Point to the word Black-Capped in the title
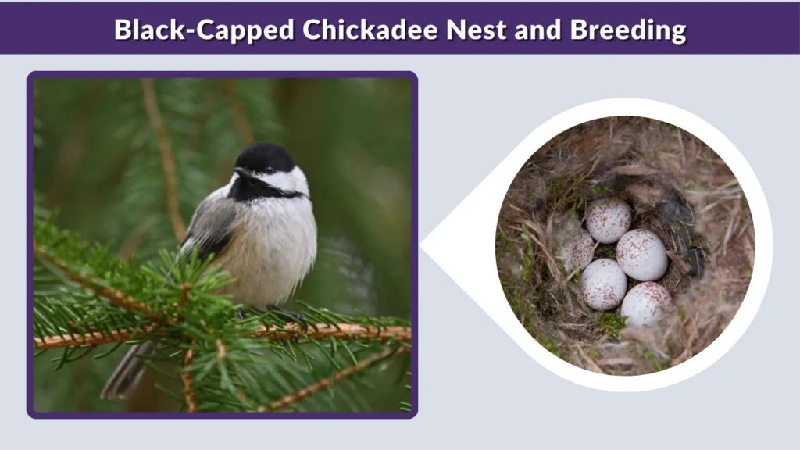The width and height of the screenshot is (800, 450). [x=205, y=30]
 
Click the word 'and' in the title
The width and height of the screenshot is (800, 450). [x=540, y=30]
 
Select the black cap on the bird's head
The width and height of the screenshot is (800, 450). [x=266, y=156]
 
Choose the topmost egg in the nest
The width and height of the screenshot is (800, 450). [x=609, y=220]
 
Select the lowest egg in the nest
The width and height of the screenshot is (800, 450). [x=646, y=303]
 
